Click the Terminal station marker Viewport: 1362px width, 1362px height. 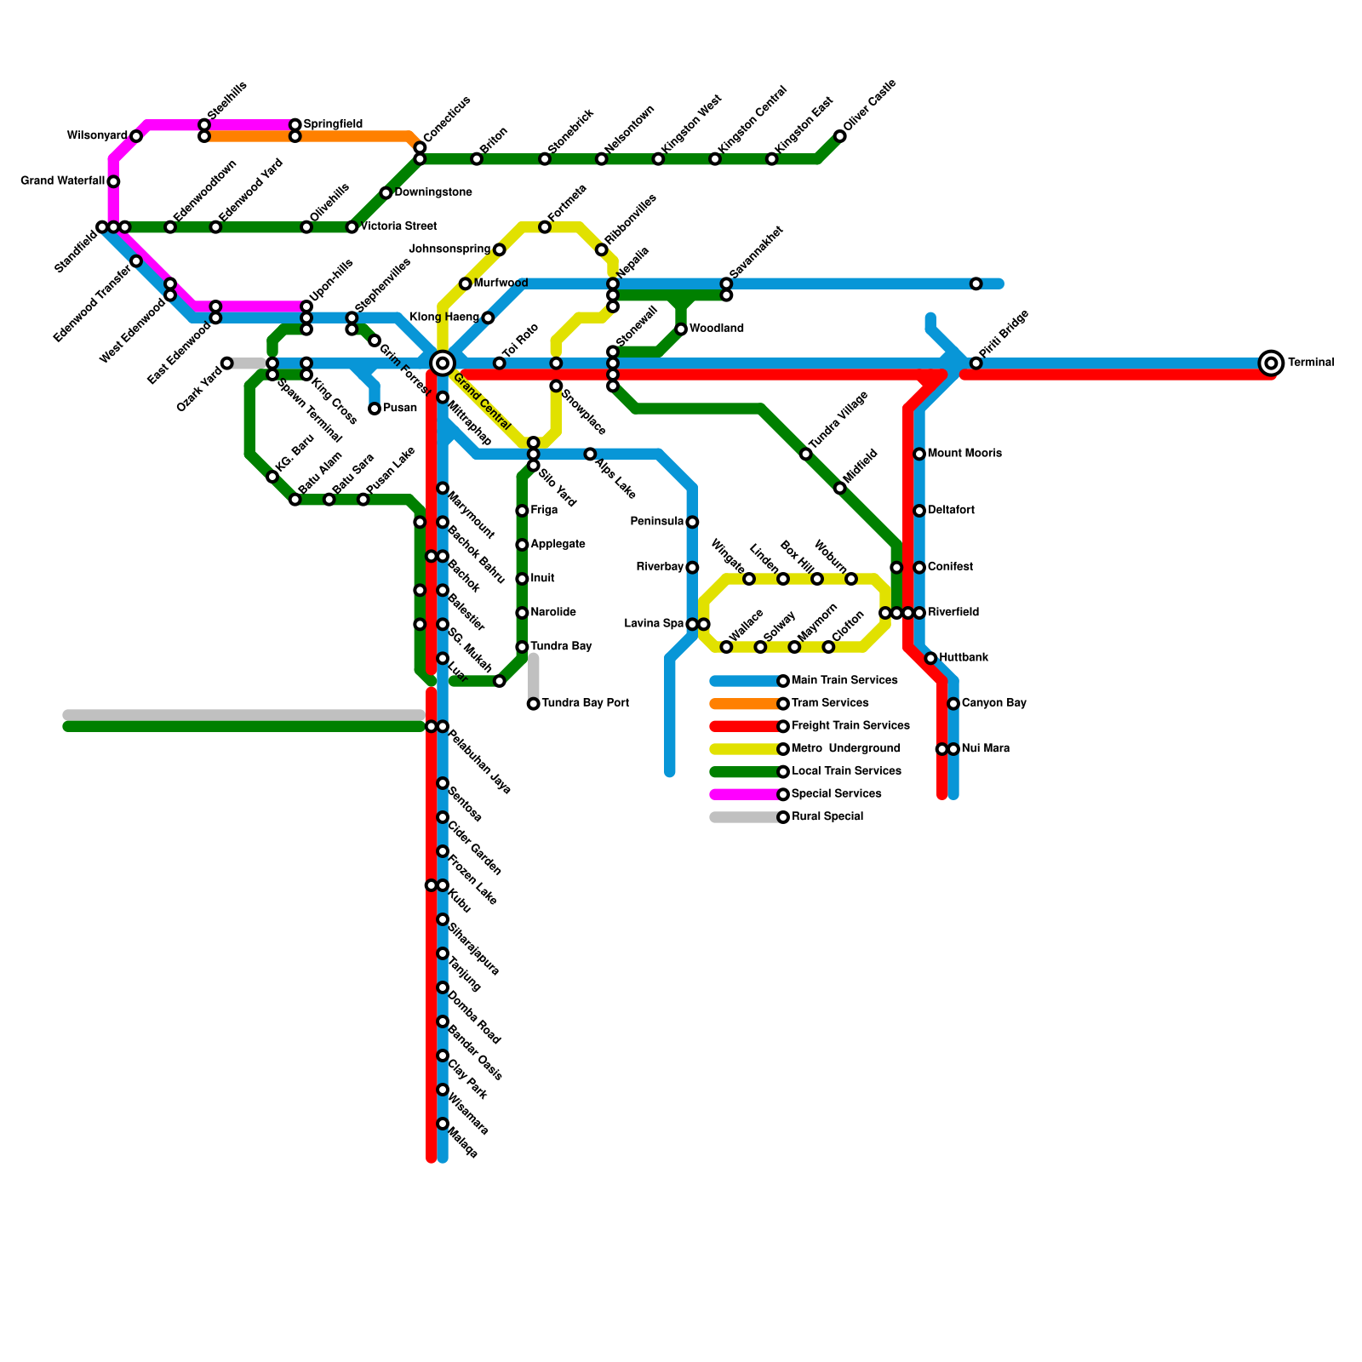point(1271,363)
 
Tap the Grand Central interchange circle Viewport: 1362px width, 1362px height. point(442,363)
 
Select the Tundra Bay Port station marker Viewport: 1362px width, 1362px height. point(533,704)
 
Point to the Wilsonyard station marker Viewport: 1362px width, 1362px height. point(136,136)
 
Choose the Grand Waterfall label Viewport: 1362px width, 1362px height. point(62,181)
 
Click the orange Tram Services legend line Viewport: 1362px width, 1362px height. point(746,704)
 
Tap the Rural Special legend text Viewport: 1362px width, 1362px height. point(827,817)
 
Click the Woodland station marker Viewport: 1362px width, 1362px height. point(681,329)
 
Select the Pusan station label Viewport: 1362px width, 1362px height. point(400,409)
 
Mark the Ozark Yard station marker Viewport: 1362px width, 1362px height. point(227,363)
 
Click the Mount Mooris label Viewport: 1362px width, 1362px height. point(964,454)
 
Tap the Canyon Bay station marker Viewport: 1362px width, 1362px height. point(953,704)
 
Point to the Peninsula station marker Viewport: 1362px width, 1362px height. point(692,522)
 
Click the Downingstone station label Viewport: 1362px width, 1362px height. point(433,193)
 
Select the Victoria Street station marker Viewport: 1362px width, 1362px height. point(352,227)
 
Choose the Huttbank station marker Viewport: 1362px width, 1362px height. point(930,658)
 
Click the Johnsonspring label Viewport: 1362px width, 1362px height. point(449,249)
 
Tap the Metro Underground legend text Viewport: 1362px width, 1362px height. point(846,749)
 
